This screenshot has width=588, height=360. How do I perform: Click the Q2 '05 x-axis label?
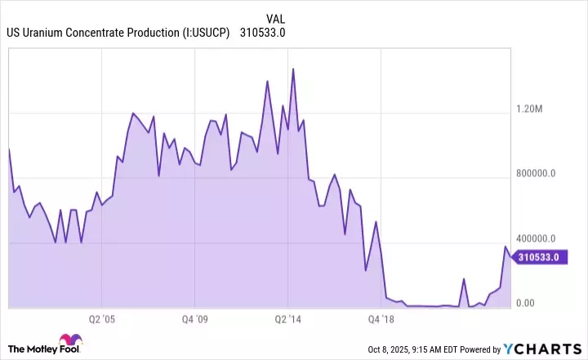[105, 319]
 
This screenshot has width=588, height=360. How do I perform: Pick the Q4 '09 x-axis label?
[198, 319]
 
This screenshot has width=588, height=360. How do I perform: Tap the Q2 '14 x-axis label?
[290, 319]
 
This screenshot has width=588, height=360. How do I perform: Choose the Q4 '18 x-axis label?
[382, 319]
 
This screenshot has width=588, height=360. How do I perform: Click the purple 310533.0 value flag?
[541, 257]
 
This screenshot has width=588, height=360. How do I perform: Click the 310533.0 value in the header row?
[262, 33]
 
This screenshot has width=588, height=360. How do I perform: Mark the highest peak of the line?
[292, 69]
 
